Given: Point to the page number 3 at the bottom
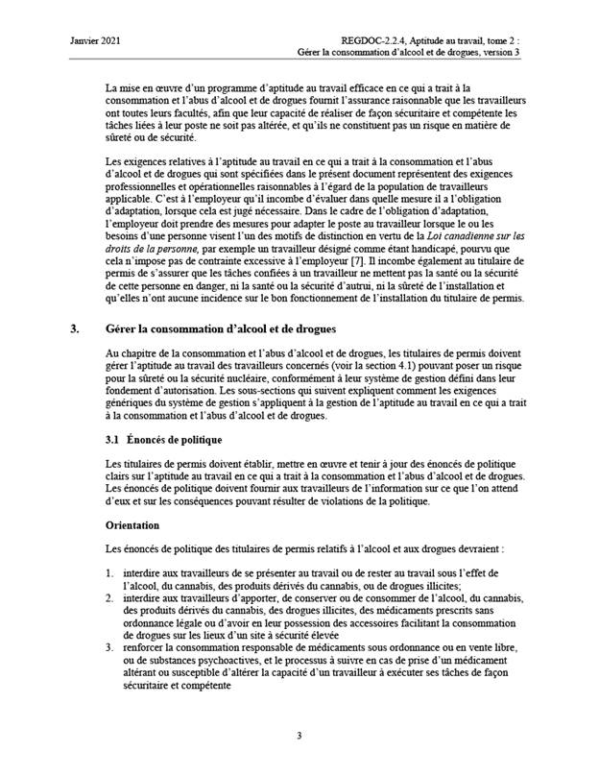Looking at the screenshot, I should (x=299, y=737).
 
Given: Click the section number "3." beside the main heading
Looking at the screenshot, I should (x=76, y=328).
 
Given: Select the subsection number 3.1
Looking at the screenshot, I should (x=113, y=440).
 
